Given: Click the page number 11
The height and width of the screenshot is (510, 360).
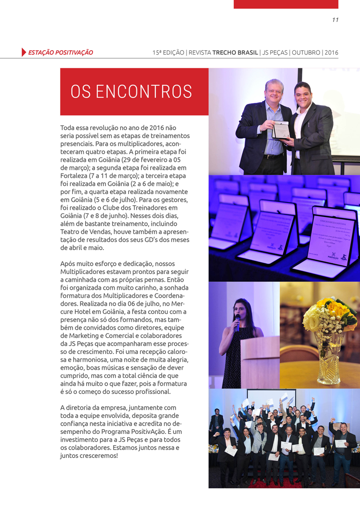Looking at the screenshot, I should pyautogui.click(x=335, y=20).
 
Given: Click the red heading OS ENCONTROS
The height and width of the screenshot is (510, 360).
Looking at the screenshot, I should pyautogui.click(x=131, y=92).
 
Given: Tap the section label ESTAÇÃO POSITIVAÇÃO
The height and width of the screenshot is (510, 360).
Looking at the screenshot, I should pyautogui.click(x=60, y=52).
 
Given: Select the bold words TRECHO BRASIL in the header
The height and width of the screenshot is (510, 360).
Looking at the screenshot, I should pyautogui.click(x=235, y=52).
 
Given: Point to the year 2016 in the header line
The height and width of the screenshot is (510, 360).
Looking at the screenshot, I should pyautogui.click(x=331, y=52).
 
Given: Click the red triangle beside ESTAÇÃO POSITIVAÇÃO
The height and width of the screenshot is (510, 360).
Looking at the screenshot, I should pyautogui.click(x=24, y=52).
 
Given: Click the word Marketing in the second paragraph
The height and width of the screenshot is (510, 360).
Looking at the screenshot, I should pyautogui.click(x=77, y=336).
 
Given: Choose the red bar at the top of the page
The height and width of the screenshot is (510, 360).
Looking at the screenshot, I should pyautogui.click(x=285, y=4).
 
